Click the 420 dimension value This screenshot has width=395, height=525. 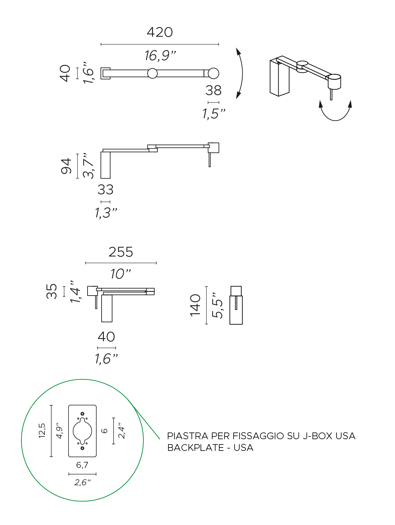(160, 32)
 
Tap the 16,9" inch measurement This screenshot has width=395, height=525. (160, 55)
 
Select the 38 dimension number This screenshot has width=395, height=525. (214, 91)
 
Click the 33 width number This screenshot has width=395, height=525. (106, 190)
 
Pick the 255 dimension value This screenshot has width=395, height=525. (121, 252)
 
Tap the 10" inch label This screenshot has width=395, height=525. (120, 274)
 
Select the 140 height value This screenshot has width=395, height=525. (195, 305)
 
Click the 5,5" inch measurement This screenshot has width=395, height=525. (217, 305)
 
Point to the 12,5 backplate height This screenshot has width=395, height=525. (42, 430)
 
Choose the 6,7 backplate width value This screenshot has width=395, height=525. (82, 465)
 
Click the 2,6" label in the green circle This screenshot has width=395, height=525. (82, 482)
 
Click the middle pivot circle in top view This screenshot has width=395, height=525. (152, 73)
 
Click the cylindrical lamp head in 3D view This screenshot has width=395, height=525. (334, 81)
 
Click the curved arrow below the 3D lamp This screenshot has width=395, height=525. (336, 112)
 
